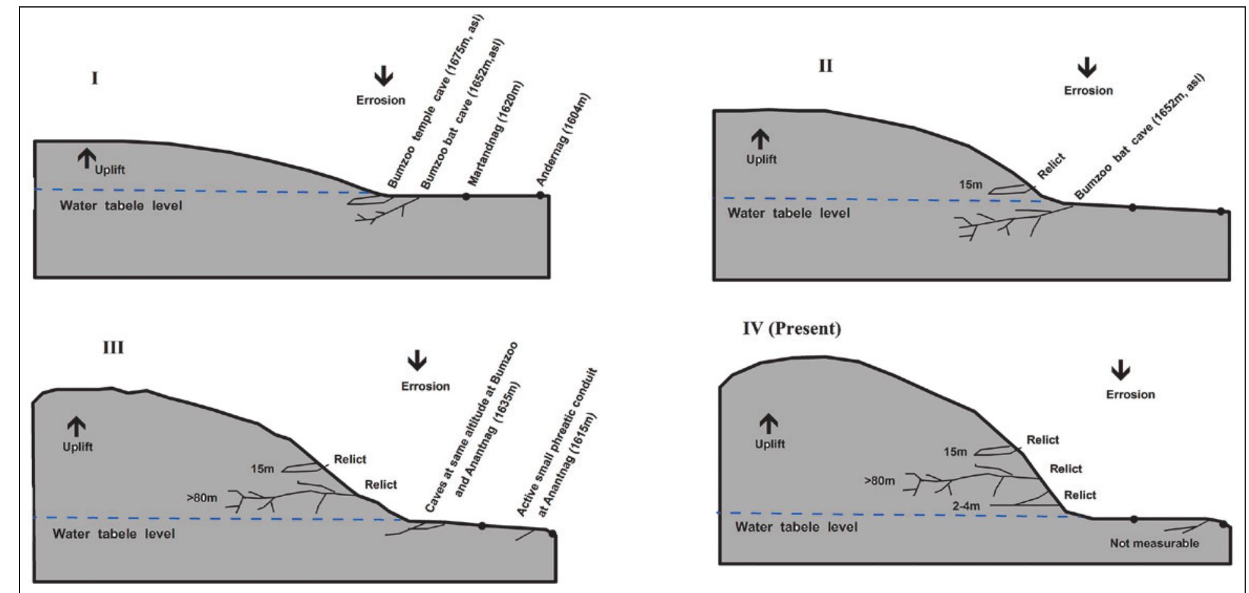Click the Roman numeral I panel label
[94, 79]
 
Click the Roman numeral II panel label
[825, 66]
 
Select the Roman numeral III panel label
[113, 347]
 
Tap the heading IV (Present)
[792, 329]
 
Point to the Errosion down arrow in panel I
[383, 77]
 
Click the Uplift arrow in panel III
[77, 427]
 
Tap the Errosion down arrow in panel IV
[1120, 371]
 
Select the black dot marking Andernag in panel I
[540, 195]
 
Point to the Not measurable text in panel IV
[1154, 543]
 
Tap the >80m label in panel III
[201, 498]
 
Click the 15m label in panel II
[970, 185]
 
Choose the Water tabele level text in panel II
[788, 213]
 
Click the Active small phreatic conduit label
[557, 442]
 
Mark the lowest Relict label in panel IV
[1080, 495]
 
